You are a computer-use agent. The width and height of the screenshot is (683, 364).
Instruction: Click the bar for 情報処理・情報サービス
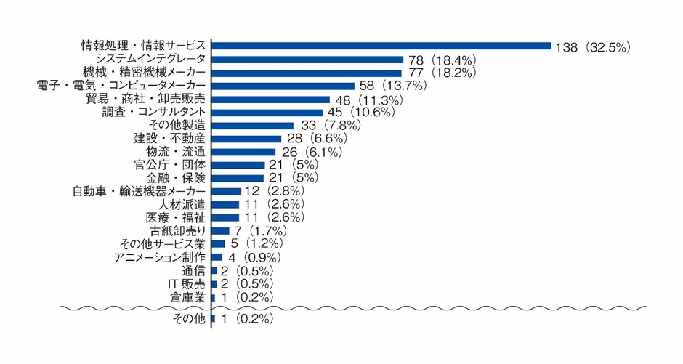[x=381, y=46]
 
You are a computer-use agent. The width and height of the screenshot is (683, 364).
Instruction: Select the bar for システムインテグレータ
[x=307, y=60]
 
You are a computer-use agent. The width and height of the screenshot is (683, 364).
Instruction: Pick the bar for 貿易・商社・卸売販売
[x=270, y=99]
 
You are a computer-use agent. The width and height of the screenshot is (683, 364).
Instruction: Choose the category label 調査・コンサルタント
[x=156, y=112]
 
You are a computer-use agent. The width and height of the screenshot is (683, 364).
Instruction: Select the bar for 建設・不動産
[x=246, y=138]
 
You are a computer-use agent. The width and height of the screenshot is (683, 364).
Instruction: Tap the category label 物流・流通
[x=176, y=151]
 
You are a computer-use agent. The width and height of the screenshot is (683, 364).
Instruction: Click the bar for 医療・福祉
[x=225, y=217]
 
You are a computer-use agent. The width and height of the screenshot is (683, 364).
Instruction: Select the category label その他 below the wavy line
[x=191, y=319]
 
